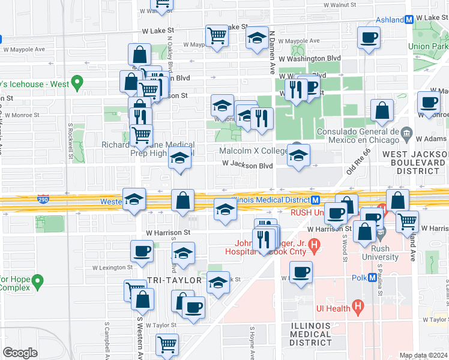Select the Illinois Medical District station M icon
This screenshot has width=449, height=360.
[x=315, y=200]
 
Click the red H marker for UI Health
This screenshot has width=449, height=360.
[x=358, y=308]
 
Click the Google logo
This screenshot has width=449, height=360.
[x=20, y=352]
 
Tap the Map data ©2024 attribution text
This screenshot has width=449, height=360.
[x=423, y=355]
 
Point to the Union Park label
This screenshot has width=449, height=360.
[x=427, y=46]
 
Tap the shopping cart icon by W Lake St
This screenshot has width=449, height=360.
[x=217, y=35]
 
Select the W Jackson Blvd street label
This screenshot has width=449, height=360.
[x=247, y=164]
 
